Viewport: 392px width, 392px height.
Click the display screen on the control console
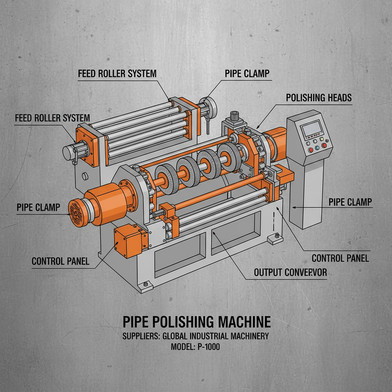[310, 129]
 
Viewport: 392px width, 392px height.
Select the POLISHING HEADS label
[318, 98]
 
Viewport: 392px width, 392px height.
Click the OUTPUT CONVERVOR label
[291, 273]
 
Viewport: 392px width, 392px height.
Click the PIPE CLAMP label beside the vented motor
[38, 207]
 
